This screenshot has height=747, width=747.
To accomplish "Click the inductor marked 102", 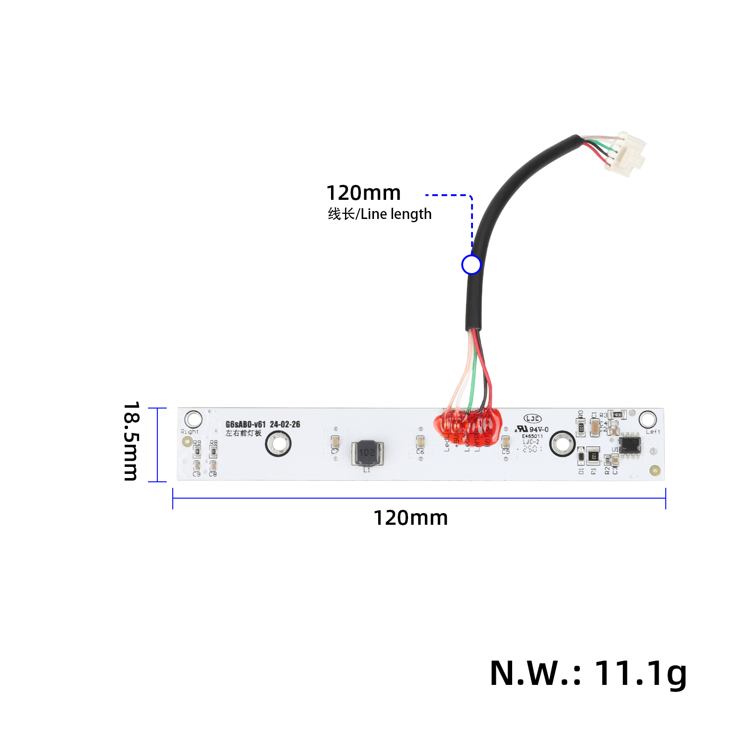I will coord(367,452).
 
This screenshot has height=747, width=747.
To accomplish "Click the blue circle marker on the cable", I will coord(471,265).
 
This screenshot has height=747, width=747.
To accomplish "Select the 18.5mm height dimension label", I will coord(131,441).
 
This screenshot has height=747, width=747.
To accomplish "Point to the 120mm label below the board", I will coord(410,518).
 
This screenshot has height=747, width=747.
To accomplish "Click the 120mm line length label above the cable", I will coord(363,193).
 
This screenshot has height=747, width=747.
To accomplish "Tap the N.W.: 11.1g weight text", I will coord(588,674).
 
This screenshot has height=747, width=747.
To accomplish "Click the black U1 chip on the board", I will coord(629,445).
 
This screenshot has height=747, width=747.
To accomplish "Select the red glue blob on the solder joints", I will coord(467,425).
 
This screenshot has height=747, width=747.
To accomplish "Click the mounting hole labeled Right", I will coord(193,419).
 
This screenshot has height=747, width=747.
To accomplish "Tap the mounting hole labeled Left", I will coord(648,419).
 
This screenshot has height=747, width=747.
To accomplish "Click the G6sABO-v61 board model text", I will coord(246,424).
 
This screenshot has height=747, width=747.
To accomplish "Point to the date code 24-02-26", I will coord(285,424).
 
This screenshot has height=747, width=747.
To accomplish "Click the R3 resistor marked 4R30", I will coord(618,415).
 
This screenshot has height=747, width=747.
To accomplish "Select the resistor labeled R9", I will coord(197,451).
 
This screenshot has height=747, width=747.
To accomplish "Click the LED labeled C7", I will coord(335,441).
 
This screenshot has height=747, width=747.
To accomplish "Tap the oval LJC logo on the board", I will coord(532,419).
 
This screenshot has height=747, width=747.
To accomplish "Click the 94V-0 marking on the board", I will coord(539,430).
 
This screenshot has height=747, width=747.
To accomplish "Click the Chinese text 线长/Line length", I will coord(380,214).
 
